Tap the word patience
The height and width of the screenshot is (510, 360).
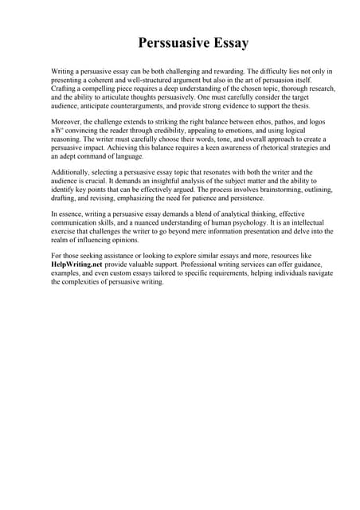(210, 198)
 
